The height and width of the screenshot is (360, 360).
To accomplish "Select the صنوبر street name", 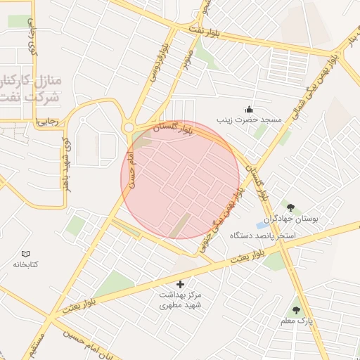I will coord(187,63).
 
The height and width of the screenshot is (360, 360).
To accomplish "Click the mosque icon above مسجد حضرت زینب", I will coord(248,109).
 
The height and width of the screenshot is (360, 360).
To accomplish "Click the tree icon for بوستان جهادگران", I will coord(289,206).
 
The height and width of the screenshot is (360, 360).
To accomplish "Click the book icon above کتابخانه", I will coord(26,253).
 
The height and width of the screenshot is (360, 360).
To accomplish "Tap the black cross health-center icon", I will coord(181,284).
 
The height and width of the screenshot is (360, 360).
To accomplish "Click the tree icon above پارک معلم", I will coord(296,309).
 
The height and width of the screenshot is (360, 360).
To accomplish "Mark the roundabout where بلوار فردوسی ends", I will coord(129,127).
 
